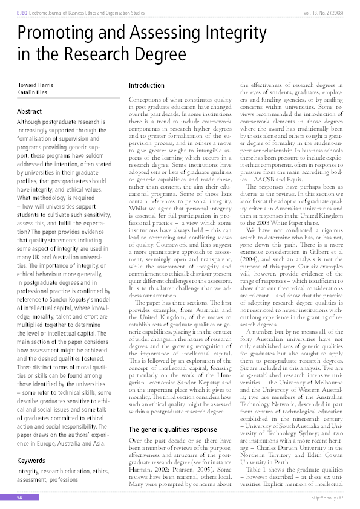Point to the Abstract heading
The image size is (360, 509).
click(x=30, y=112)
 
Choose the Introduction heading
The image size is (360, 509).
click(x=146, y=86)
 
